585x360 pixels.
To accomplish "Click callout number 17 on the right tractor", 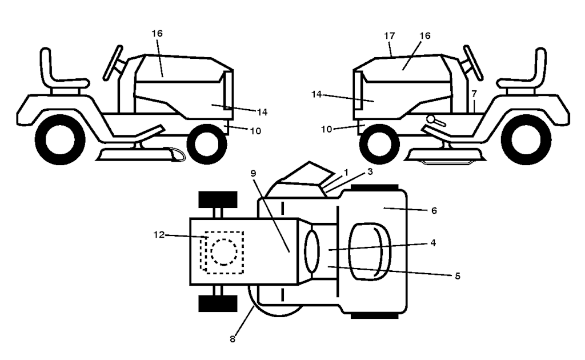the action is point(389,36).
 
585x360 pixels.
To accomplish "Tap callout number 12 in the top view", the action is point(159,235).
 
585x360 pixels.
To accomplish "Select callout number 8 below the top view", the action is point(233,339).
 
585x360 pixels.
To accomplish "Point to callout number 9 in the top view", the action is point(253,173).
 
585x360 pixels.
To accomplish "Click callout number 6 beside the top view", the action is point(434,211).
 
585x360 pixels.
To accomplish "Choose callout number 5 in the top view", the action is point(458,276).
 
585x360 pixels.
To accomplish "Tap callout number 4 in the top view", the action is point(433,243).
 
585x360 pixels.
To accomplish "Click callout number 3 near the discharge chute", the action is point(370,171).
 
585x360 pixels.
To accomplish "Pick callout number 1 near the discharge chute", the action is point(346,173).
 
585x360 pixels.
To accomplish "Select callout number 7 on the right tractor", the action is point(474,94).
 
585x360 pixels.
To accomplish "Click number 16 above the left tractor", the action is point(157,33).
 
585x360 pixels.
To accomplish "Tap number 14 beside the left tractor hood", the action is point(262,112).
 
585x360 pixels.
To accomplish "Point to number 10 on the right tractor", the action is point(326,129).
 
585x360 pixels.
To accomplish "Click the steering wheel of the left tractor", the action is point(113,63).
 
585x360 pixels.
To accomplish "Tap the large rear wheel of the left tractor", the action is point(59,139).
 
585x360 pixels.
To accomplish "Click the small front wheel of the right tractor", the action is point(379,144).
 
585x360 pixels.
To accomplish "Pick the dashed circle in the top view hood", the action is point(223,252).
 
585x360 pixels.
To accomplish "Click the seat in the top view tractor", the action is point(370,252).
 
